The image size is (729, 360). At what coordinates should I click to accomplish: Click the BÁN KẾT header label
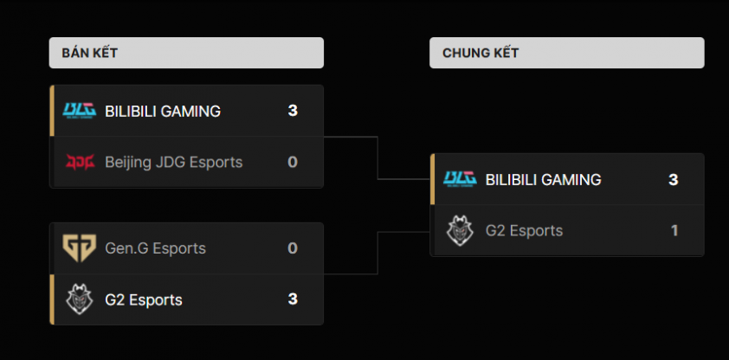(x=89, y=53)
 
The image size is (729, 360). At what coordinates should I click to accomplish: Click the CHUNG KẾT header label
(x=481, y=53)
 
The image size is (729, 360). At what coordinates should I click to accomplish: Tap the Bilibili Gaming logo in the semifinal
(x=80, y=111)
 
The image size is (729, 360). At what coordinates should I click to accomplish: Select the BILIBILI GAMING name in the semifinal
(x=163, y=111)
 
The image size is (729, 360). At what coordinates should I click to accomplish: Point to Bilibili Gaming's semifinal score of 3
(x=293, y=111)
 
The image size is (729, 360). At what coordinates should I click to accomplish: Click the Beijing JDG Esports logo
(x=80, y=162)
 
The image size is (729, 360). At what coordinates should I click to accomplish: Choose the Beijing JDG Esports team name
(x=173, y=162)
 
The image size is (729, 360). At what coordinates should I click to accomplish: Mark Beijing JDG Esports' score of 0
(x=293, y=162)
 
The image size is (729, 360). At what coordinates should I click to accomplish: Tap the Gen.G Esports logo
(x=80, y=248)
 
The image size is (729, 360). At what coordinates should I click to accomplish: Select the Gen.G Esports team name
(x=155, y=248)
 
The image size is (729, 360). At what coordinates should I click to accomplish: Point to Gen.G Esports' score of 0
(x=293, y=248)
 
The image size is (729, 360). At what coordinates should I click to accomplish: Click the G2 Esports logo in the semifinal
(x=80, y=299)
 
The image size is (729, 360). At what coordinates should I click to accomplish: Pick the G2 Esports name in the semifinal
(x=144, y=299)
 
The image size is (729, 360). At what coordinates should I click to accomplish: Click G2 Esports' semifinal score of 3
(x=293, y=299)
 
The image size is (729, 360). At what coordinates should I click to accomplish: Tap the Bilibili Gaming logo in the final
(x=461, y=179)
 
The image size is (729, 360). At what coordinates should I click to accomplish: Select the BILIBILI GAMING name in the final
(x=544, y=180)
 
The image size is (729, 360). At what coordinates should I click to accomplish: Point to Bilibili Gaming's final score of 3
(x=674, y=180)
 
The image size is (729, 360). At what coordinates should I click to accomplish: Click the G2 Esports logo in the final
(x=461, y=230)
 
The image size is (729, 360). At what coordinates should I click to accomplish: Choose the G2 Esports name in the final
(x=525, y=231)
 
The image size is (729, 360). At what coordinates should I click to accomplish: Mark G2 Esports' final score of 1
(x=674, y=231)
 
